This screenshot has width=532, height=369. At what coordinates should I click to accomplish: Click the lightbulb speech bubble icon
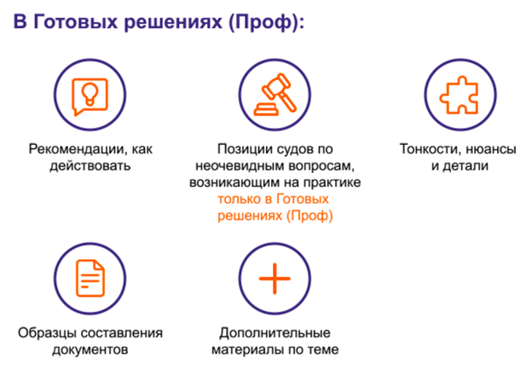click(x=90, y=96)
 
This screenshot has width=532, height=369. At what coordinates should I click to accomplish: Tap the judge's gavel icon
click(x=275, y=95)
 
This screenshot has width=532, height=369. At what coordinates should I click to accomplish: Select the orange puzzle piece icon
click(x=460, y=95)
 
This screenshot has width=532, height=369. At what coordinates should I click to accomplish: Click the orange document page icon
click(x=90, y=278)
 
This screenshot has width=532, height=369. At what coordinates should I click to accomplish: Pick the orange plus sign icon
click(x=275, y=279)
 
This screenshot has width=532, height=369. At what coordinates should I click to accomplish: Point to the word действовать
click(x=90, y=166)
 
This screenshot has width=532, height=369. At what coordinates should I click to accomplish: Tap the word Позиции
click(x=241, y=149)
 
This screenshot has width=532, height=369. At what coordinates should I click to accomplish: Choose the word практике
click(x=332, y=182)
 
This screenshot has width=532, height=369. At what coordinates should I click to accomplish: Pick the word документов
click(x=90, y=349)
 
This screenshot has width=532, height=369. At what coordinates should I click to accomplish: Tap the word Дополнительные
click(x=275, y=333)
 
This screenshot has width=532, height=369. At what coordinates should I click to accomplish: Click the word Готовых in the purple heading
click(x=76, y=22)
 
